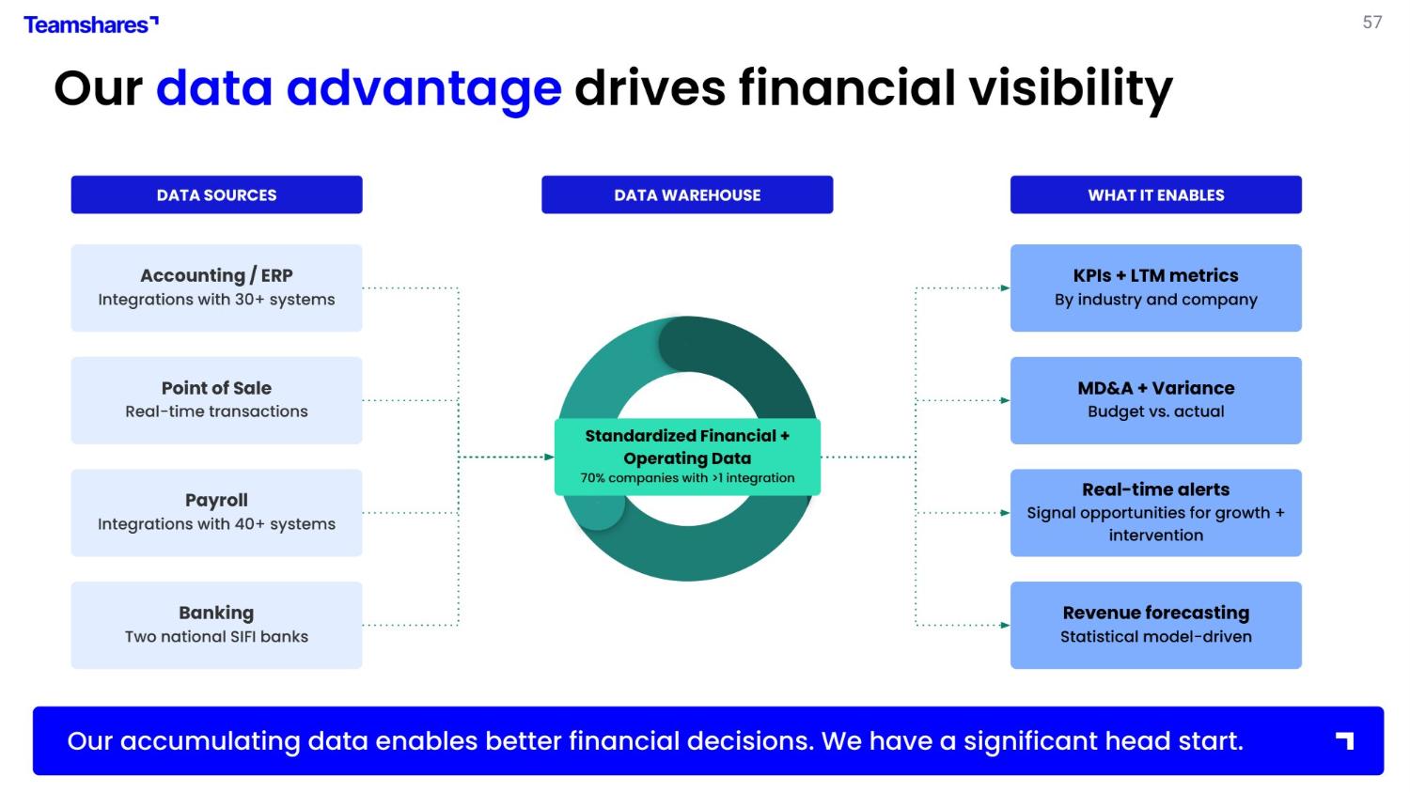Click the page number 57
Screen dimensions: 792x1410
[1371, 23]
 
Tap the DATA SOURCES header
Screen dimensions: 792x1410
[216, 194]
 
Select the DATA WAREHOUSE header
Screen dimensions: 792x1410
[687, 194]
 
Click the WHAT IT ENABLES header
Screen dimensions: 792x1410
[1155, 194]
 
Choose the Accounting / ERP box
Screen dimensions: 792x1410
[216, 287]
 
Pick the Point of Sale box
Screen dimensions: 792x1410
[216, 399]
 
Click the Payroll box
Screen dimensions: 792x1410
[216, 512]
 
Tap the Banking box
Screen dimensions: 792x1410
[216, 625]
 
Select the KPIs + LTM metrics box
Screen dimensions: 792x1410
[1155, 287]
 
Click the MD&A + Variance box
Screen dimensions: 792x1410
[1155, 399]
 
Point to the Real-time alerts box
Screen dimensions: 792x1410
[1155, 512]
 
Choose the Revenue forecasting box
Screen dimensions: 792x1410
[1155, 625]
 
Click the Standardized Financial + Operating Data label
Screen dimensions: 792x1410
[687, 447]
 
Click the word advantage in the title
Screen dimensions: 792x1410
[424, 88]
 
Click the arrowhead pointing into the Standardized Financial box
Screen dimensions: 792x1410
[550, 458]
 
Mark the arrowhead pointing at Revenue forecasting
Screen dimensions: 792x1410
[1005, 625]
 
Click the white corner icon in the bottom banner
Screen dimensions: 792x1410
[1345, 740]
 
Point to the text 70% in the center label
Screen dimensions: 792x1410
[592, 478]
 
